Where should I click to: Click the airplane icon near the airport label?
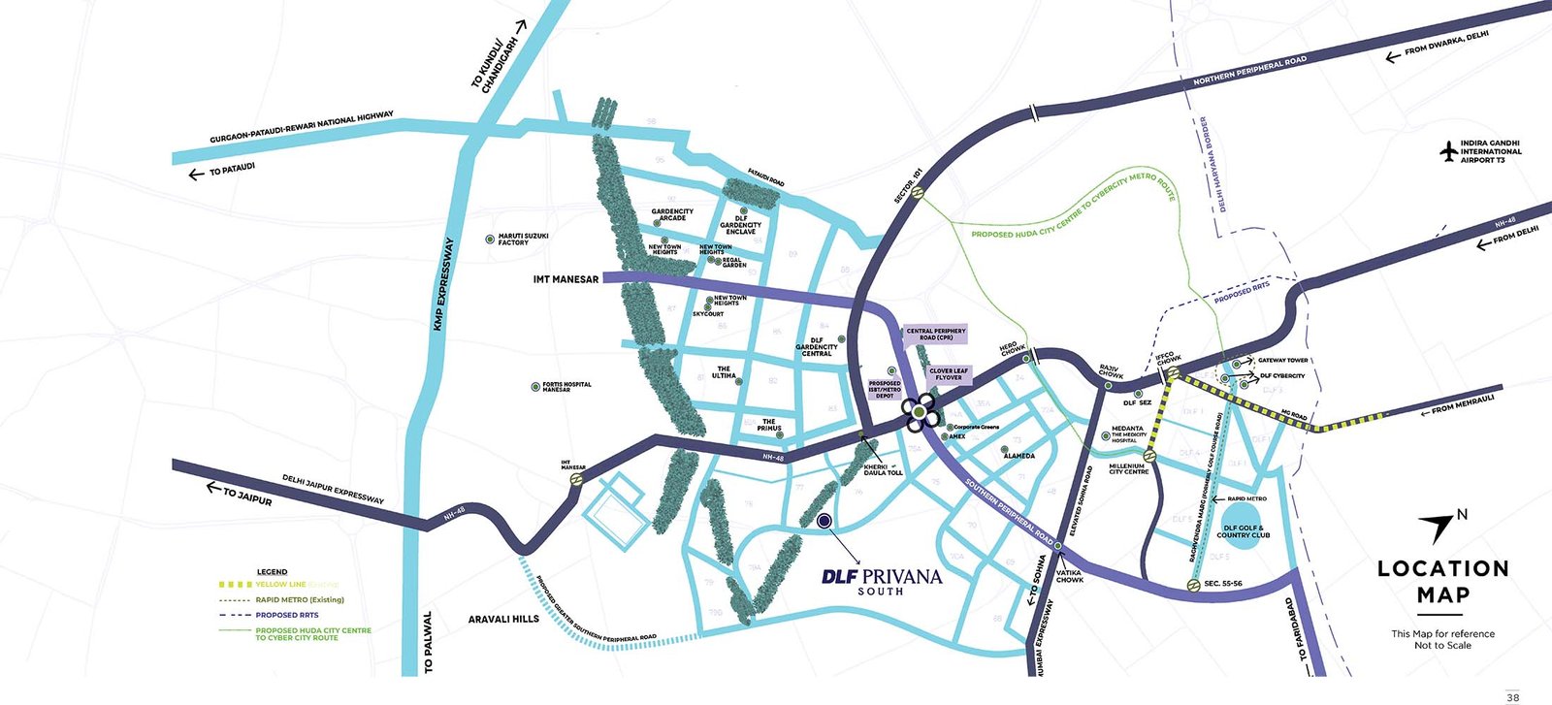1449,151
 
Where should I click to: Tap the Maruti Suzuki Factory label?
523,239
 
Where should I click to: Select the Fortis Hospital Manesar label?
566,386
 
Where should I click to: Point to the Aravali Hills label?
503,619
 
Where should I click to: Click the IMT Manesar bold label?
566,279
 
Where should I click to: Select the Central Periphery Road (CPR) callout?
936,334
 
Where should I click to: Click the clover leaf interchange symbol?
919,414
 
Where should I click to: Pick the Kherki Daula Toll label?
883,469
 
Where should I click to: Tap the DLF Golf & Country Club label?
1243,531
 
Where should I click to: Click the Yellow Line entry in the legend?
281,585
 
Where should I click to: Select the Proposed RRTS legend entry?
286,615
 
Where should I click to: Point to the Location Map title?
1442,582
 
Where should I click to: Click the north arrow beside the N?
1438,527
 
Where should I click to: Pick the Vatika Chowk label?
1070,576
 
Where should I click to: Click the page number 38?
1512,696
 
